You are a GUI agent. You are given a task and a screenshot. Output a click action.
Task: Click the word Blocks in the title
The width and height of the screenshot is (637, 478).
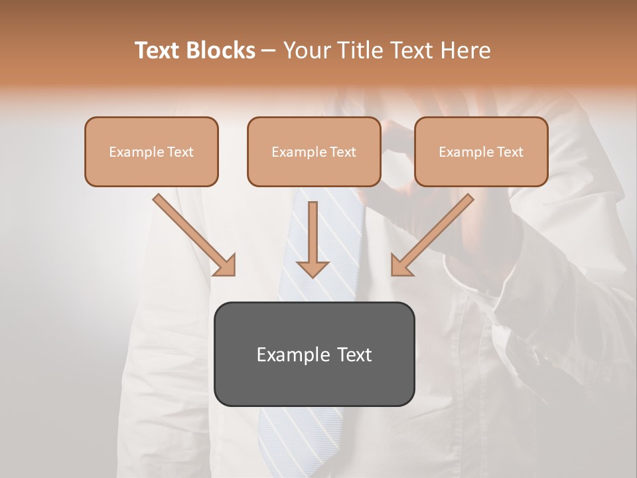pyautogui.click(x=221, y=50)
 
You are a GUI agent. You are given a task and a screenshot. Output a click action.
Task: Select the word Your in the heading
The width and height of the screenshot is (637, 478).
pyautogui.click(x=306, y=50)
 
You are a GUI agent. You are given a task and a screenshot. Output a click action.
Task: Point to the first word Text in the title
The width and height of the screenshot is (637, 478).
pyautogui.click(x=159, y=50)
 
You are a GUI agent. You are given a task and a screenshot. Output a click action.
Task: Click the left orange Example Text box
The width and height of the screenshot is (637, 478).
pyautogui.click(x=151, y=152)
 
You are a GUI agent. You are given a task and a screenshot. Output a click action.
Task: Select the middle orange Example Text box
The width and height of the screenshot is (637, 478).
pyautogui.click(x=314, y=152)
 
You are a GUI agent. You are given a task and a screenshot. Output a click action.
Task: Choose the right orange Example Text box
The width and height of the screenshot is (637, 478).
pyautogui.click(x=481, y=152)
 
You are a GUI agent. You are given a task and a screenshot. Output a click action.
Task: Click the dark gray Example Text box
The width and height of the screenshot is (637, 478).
pyautogui.click(x=315, y=354)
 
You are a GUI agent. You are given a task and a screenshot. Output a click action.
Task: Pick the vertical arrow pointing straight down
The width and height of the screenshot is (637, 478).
pyautogui.click(x=313, y=239)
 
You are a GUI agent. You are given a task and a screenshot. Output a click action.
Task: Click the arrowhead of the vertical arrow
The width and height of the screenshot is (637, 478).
pyautogui.click(x=313, y=268)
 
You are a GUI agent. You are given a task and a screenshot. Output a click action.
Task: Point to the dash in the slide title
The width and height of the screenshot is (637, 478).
pyautogui.click(x=269, y=51)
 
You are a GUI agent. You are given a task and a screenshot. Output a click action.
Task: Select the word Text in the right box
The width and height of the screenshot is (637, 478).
pyautogui.click(x=510, y=152)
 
